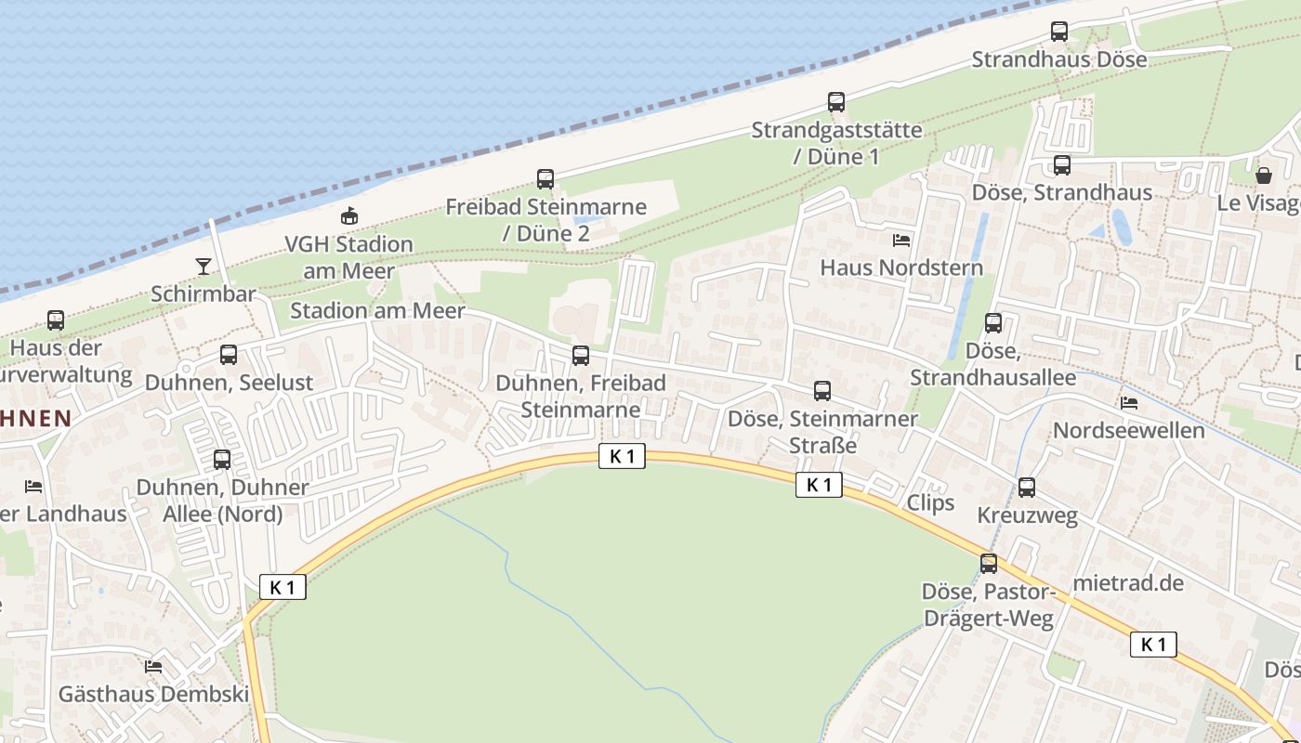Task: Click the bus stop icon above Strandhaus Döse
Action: pos(1059,32)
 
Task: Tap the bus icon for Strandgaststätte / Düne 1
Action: pos(836,102)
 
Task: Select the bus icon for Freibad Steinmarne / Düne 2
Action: pos(545,179)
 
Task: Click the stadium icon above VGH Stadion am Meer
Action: pos(349,216)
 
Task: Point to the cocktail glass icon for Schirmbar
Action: pos(204,267)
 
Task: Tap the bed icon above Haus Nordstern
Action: pos(901,241)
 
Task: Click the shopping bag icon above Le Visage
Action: pos(1264,175)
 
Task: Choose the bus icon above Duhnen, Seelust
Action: pos(229,355)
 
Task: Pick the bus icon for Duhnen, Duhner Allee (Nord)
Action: pos(222,460)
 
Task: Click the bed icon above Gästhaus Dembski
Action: pos(153,667)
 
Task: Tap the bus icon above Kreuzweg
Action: pos(1027,488)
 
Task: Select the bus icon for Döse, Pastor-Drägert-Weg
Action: pos(989,564)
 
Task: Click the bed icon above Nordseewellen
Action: pos(1129,403)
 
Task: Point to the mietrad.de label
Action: pos(1128,583)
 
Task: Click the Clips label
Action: pos(930,502)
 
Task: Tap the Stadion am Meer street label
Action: pos(377,311)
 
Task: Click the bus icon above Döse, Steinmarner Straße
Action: pos(822,391)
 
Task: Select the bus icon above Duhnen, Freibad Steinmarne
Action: pos(581,355)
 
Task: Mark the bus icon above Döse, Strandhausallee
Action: pos(993,323)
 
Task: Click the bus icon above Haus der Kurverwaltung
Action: pos(56,321)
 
